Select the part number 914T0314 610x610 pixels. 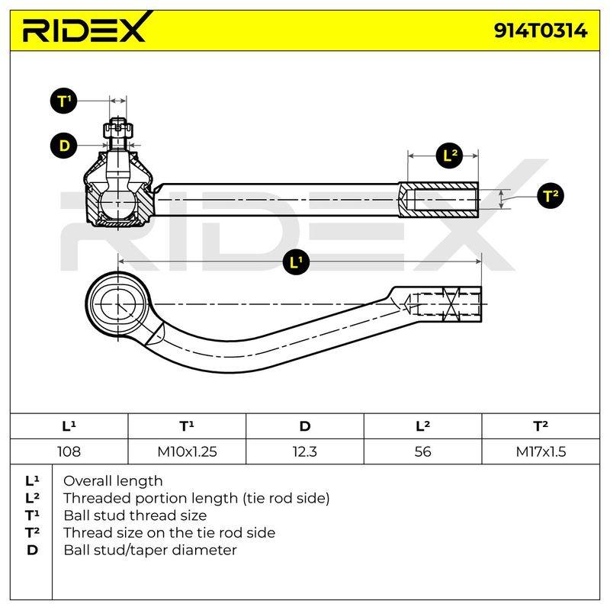541,30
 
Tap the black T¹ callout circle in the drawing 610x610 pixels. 64,101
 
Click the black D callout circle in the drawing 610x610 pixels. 64,146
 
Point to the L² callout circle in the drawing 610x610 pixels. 449,156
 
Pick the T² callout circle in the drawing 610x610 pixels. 550,195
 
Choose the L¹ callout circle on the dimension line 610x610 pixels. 296,262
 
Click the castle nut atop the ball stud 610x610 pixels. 118,130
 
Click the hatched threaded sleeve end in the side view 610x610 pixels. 438,200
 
